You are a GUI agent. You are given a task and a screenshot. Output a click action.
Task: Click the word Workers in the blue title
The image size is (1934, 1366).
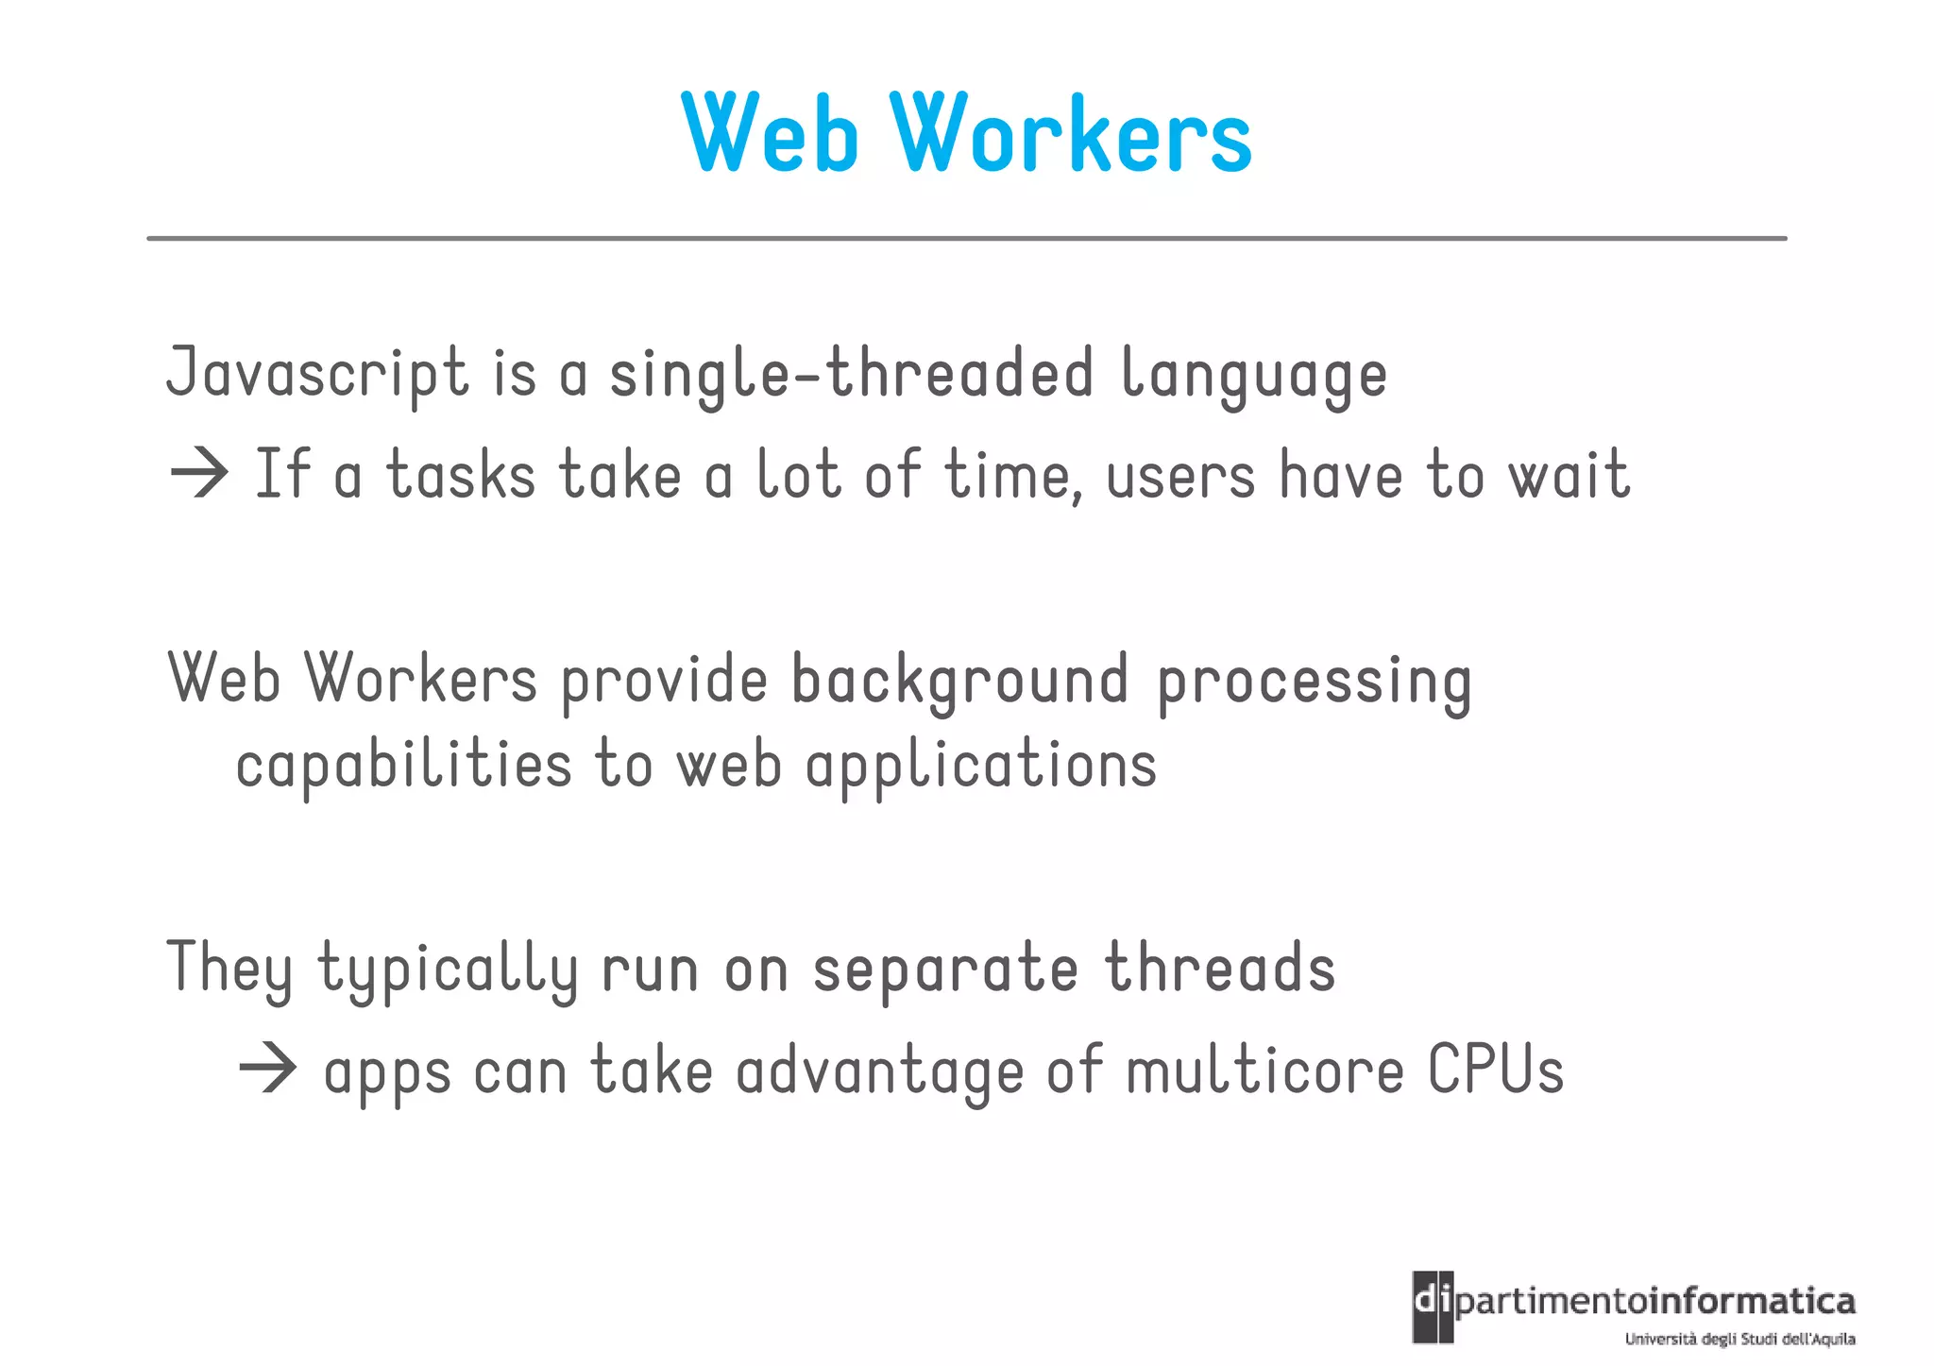1071,134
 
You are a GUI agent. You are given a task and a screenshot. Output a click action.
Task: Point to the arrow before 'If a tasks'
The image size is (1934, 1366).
199,473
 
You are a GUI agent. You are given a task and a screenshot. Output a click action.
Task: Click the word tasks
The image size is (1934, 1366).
461,475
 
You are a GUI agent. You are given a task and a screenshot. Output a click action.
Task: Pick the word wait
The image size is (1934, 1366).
1569,475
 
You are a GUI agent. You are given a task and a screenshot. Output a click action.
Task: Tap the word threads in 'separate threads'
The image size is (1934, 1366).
1220,969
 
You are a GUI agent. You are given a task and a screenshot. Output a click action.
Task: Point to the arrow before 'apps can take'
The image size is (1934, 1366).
268,1070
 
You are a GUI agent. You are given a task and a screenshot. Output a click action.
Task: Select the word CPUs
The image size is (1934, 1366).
1496,1071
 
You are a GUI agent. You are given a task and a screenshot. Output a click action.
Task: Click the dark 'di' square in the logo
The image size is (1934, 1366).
1433,1306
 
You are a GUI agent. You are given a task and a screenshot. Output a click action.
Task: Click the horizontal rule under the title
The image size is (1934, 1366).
967,239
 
